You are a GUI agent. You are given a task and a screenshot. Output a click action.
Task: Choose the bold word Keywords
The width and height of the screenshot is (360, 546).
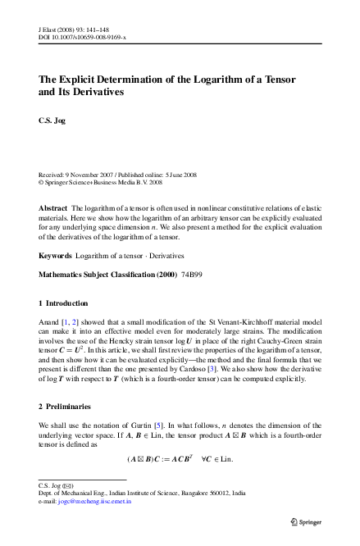[55, 255]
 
